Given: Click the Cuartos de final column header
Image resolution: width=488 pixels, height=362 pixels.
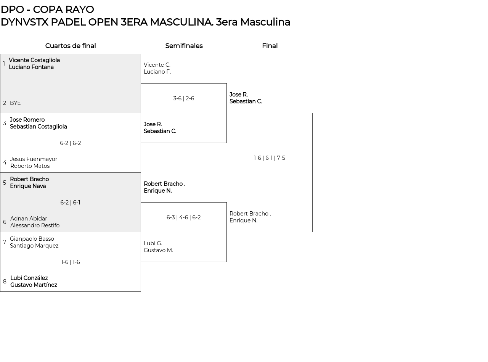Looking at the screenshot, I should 71,46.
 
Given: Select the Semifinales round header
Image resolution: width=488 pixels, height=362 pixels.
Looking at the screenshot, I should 184,46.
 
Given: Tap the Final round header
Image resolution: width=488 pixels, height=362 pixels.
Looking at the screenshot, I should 270,46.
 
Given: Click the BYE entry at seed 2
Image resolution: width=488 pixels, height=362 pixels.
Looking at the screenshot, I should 15,103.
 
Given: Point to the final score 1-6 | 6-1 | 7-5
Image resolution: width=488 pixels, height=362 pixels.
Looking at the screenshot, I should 270,158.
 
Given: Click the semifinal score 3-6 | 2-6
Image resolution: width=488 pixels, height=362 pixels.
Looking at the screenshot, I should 183,98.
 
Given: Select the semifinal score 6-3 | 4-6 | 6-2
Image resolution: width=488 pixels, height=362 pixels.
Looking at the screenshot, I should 183,217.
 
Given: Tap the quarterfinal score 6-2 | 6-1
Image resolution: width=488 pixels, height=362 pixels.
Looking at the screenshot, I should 70,203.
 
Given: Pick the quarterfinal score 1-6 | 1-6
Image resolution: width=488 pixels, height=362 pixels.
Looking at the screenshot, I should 71,262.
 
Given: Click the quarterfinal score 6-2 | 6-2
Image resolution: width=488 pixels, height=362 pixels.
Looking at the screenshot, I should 71,143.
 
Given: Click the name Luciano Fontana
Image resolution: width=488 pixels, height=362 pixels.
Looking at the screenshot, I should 31,67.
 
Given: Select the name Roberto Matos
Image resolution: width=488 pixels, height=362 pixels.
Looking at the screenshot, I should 30,166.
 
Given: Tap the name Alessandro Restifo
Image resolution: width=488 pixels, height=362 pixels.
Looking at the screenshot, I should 35,225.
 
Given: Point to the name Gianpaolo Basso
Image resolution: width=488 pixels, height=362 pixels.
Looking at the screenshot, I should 32,239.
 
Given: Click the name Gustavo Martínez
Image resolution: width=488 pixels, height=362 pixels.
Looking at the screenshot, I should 34,285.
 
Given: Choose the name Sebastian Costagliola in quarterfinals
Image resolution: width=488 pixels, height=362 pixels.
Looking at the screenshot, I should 38,127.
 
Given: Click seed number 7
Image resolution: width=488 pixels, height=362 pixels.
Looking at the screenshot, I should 5,242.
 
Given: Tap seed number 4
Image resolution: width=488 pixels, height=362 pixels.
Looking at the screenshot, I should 5,162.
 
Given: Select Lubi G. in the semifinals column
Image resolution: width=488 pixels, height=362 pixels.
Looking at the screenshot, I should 153,243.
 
